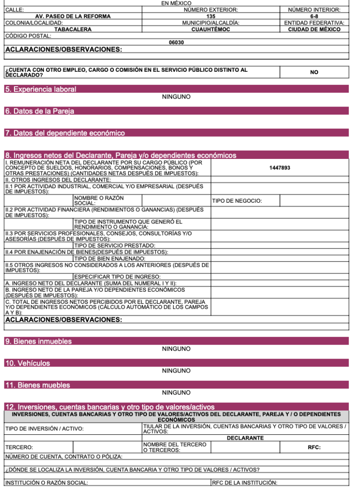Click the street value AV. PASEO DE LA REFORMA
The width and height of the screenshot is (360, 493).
pos(73,16)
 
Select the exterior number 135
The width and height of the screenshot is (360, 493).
pos(211,16)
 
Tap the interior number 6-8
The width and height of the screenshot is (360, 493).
pos(314,16)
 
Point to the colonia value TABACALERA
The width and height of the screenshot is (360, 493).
pos(73,29)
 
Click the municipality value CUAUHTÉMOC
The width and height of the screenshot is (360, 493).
pos(211,29)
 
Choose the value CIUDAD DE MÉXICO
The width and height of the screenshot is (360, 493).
pos(314,29)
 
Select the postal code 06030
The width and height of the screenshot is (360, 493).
pos(176,42)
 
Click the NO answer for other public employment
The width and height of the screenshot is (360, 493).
pos(314,72)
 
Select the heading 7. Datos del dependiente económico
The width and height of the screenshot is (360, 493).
pos(65,133)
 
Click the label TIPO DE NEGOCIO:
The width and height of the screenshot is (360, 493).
pos(237,201)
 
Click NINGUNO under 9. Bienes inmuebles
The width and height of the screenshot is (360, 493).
pos(176,349)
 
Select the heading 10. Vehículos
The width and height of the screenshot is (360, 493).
pos(27,363)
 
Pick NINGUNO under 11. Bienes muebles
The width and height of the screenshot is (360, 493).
pos(176,393)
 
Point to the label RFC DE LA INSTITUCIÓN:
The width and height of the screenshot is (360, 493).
pos(244,483)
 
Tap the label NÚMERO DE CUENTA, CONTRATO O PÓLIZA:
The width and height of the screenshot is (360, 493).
pos(64,456)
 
